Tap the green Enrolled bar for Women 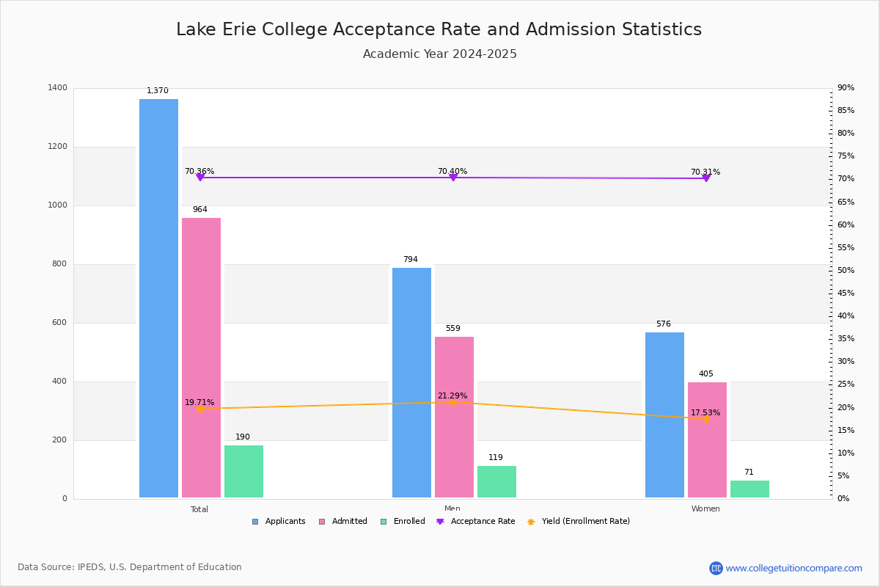(749, 489)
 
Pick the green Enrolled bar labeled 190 (243, 472)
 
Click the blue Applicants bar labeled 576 (664, 415)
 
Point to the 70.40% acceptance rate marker (453, 178)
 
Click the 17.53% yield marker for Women (706, 419)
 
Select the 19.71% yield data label (199, 402)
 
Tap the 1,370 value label (158, 91)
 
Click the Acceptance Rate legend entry (476, 522)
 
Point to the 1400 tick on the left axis (57, 88)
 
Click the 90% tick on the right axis (846, 88)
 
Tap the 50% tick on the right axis (846, 271)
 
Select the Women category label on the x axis (705, 509)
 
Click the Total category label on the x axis (199, 509)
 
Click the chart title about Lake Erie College (439, 29)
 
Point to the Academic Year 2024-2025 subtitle (440, 54)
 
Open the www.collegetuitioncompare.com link (793, 568)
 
